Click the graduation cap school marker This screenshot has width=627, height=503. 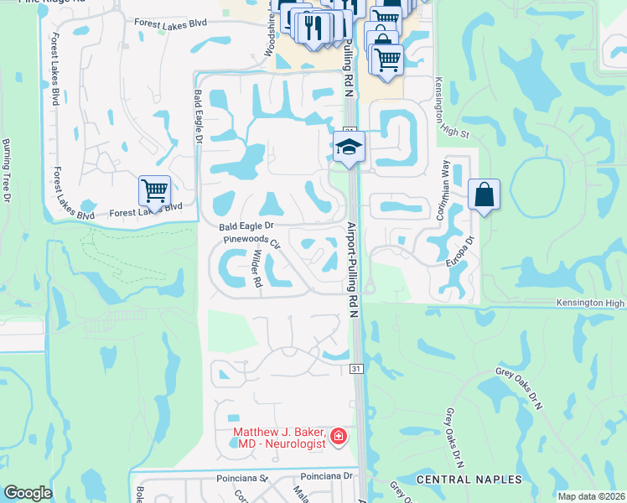[349, 148]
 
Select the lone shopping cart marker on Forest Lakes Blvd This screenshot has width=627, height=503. [154, 191]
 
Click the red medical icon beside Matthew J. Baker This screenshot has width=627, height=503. [338, 436]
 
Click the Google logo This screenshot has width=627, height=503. [27, 493]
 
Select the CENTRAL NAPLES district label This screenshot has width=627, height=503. [469, 480]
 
